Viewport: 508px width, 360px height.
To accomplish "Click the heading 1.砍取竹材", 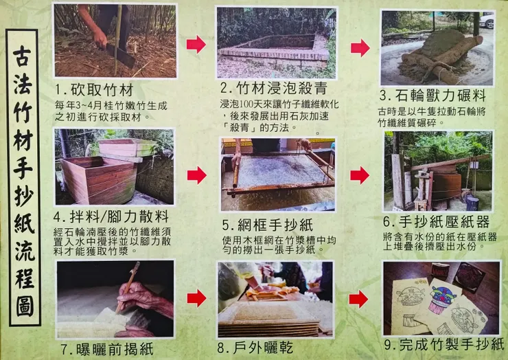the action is [x=94, y=90].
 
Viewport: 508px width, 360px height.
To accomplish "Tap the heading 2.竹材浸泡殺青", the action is [x=274, y=88].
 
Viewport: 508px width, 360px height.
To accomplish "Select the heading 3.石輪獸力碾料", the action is [x=432, y=95].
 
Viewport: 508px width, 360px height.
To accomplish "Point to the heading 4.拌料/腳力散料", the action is [x=111, y=216].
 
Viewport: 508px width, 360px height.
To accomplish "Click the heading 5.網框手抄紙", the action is [x=268, y=225].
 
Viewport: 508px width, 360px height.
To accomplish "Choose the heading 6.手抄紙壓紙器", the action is [x=437, y=221].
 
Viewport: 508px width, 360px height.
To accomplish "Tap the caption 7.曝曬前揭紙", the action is [x=107, y=349].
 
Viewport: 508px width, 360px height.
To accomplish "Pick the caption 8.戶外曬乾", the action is [x=255, y=348].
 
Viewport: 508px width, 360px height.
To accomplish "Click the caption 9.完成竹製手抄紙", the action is [x=444, y=344].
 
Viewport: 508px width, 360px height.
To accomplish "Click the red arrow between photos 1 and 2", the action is [x=196, y=45].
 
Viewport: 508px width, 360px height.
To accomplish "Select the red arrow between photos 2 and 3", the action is [x=360, y=47].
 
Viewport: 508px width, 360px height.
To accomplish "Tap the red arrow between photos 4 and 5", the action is [x=196, y=175].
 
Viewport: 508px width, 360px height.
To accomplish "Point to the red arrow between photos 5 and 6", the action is [x=360, y=175].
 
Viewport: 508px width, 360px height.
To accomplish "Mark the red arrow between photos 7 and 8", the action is [x=196, y=298].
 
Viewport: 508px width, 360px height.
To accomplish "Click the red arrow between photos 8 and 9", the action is [x=358, y=299].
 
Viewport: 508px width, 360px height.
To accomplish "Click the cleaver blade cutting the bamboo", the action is [x=121, y=56].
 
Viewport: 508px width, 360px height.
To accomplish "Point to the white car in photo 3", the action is [x=487, y=20].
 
